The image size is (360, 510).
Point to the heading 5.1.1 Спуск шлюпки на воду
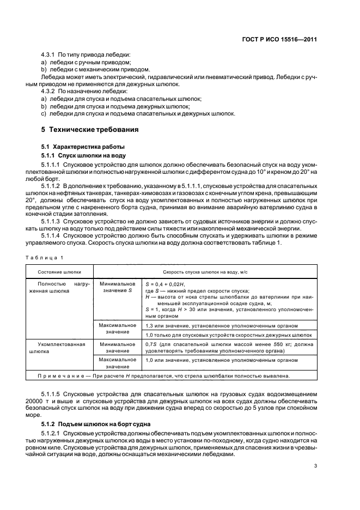(x=77, y=155)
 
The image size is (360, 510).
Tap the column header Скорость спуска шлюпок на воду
(x=205, y=271)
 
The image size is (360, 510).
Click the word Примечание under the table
(x=60, y=375)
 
